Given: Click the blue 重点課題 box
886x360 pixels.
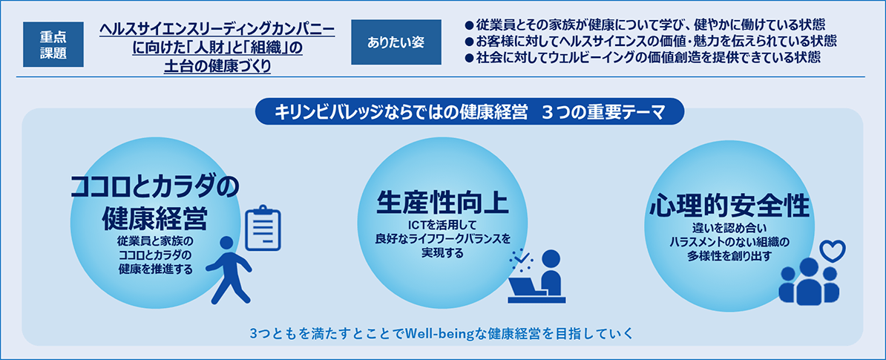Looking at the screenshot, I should coord(53,42).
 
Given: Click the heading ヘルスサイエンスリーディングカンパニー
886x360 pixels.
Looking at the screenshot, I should coord(217,30).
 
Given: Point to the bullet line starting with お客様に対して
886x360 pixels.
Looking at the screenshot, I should coord(650,41).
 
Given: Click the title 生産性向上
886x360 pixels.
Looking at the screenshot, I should coord(442,201).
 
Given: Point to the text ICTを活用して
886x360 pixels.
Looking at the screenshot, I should coord(442,224).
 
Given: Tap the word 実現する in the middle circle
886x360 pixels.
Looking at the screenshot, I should coord(442,253).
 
